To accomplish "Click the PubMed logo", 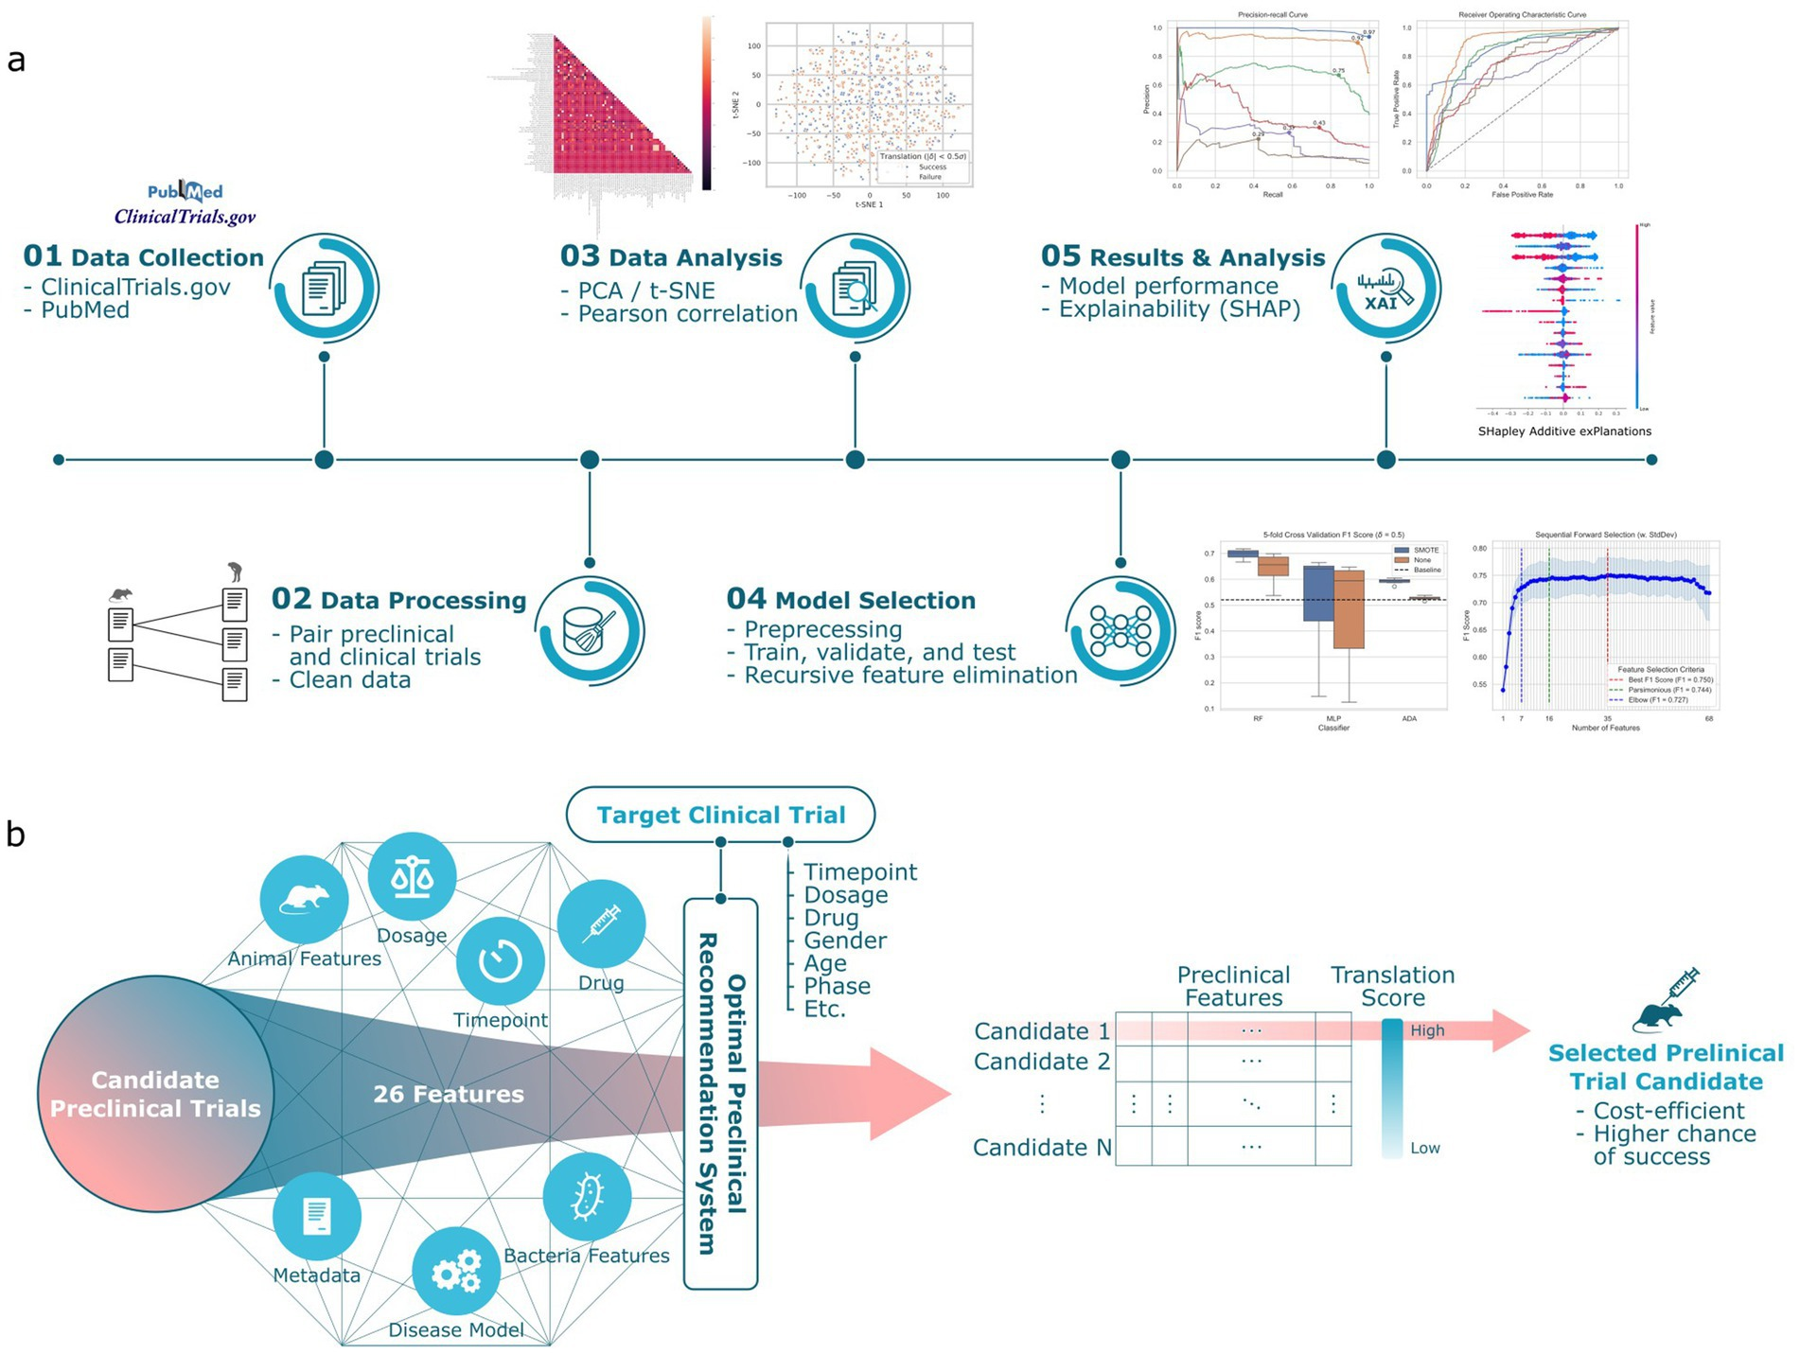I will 185,192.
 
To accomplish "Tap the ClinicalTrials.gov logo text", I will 185,217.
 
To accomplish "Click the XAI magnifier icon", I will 1385,288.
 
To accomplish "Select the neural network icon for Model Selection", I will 1121,630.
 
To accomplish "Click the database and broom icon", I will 589,630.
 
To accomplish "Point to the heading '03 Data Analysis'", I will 671,256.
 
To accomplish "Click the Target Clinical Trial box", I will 720,815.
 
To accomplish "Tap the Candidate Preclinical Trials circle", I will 155,1094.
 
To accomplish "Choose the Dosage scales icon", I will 412,877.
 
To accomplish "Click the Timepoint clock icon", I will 500,961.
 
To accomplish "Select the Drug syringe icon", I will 601,923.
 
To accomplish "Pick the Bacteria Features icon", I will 587,1197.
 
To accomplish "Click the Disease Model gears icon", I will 456,1271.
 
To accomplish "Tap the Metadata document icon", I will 316,1216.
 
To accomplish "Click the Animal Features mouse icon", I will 304,899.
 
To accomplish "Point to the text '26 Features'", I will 449,1094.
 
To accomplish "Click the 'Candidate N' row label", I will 1042,1148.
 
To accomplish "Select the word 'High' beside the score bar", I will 1427,1030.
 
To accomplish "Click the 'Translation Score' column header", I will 1392,986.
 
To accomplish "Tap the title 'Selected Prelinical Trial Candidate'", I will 1666,1067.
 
